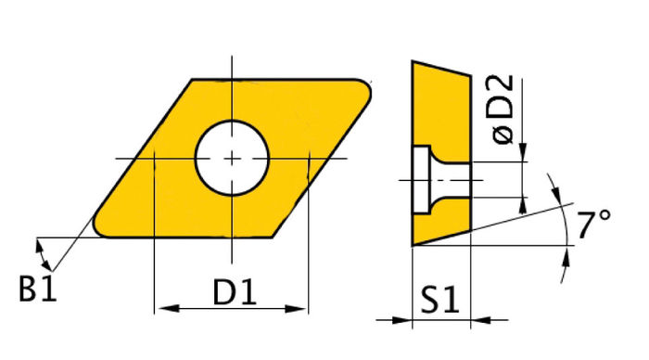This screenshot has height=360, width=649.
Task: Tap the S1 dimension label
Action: (439, 301)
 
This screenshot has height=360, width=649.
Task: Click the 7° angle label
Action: (592, 225)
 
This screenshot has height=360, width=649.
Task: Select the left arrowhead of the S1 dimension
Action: (404, 321)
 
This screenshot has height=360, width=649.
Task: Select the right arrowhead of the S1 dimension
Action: (478, 321)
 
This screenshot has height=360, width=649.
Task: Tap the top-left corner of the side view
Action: (414, 62)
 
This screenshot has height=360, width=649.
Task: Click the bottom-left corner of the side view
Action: (414, 245)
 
